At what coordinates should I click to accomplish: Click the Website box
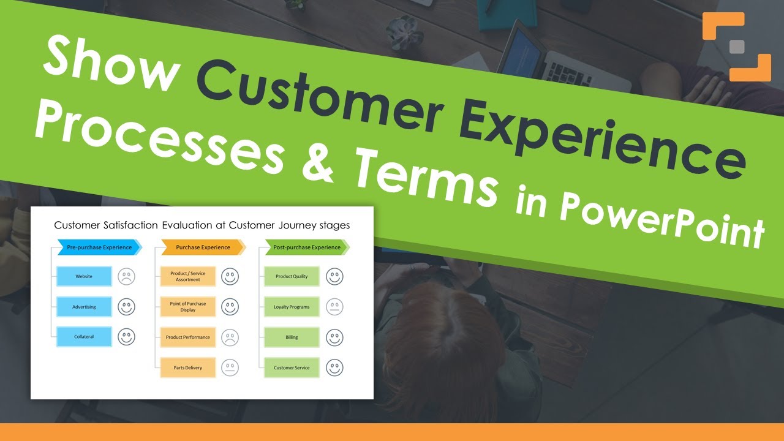[x=84, y=276]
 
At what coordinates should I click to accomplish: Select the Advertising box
[x=84, y=307]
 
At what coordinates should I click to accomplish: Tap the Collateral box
[x=84, y=337]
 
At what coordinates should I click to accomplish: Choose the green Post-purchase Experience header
[x=307, y=247]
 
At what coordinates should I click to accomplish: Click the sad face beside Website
[x=126, y=276]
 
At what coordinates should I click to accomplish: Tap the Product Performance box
[x=188, y=337]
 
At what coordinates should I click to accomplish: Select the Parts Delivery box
[x=188, y=367]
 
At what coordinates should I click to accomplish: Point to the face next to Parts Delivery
[x=230, y=367]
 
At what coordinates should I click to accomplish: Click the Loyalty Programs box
[x=292, y=307]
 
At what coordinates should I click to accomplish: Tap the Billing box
[x=292, y=337]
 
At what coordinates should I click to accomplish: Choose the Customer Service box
[x=292, y=367]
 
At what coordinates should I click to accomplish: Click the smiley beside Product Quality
[x=334, y=276]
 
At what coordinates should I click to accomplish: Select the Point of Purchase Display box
[x=188, y=307]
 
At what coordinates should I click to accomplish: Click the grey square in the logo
[x=737, y=47]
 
